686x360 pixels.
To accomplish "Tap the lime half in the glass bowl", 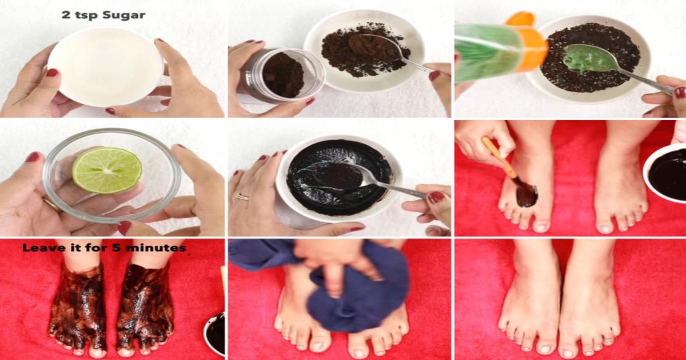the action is (x=107, y=170).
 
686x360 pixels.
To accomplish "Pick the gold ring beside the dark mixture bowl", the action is (x=242, y=197).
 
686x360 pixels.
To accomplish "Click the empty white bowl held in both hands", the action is (x=105, y=67).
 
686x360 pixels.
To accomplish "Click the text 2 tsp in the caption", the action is (x=80, y=15).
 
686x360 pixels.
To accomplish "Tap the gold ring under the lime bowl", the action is (x=52, y=205).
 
